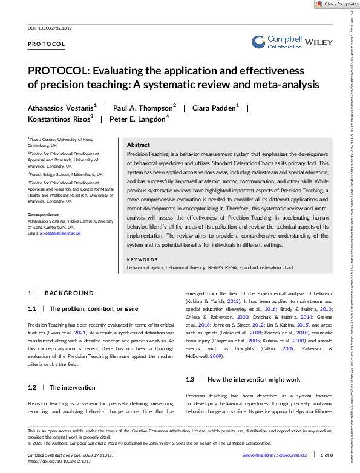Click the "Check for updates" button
click(336, 4)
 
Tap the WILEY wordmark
click(320, 42)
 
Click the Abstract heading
click(139, 146)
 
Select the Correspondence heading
click(45, 214)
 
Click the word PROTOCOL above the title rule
click(47, 44)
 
